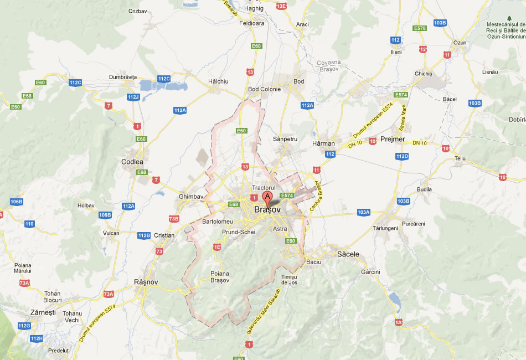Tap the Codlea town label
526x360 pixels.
pyautogui.click(x=132, y=162)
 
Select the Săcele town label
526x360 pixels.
pyautogui.click(x=348, y=254)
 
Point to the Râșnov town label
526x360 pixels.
pyautogui.click(x=146, y=282)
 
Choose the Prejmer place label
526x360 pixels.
pyautogui.click(x=394, y=139)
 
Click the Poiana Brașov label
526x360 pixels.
pyautogui.click(x=220, y=276)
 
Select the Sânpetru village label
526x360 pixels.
pyautogui.click(x=286, y=139)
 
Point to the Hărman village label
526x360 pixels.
pyautogui.click(x=324, y=142)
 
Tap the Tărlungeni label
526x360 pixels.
pyautogui.click(x=385, y=228)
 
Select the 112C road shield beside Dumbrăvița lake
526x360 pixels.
pyautogui.click(x=164, y=79)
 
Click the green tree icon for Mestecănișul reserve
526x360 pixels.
pyautogui.click(x=509, y=18)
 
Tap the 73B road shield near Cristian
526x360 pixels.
pyautogui.click(x=174, y=219)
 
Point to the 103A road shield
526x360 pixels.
pyautogui.click(x=363, y=212)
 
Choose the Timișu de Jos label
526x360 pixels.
pyautogui.click(x=289, y=280)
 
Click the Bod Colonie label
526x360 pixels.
pyautogui.click(x=265, y=89)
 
